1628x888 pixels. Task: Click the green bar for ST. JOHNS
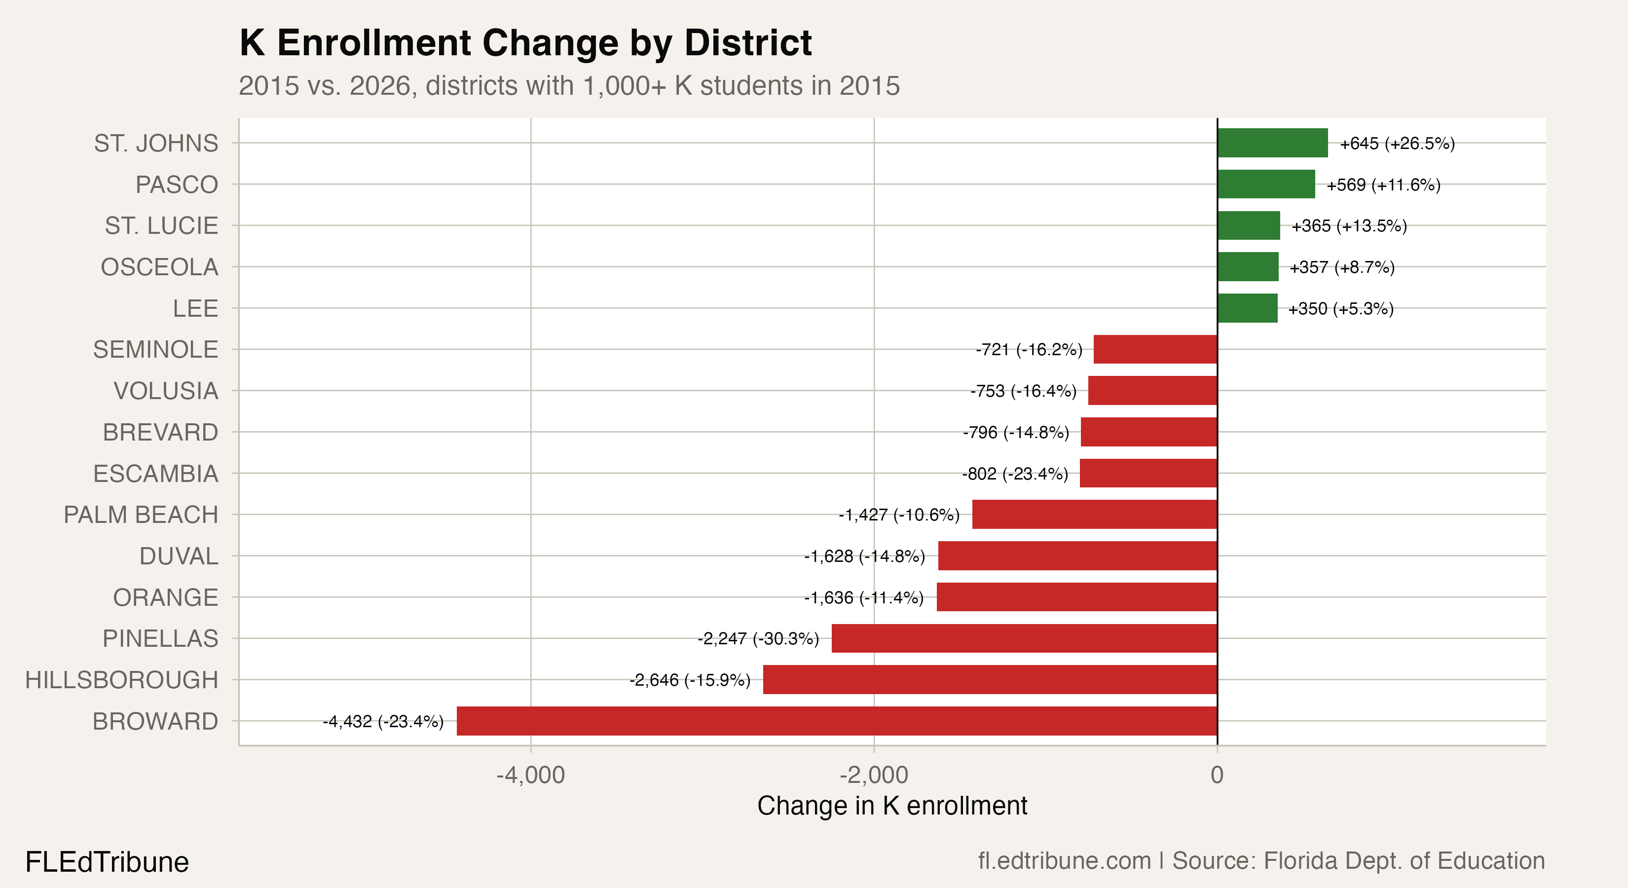tap(1272, 143)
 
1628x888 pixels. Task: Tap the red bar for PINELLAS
tap(1024, 638)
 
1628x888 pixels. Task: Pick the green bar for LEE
tap(1247, 308)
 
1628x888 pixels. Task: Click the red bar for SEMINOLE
tap(1155, 349)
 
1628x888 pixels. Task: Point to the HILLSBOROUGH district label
tap(121, 680)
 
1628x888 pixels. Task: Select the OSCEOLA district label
tap(159, 267)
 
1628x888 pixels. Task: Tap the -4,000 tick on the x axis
tap(530, 775)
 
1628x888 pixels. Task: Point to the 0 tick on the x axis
tap(1217, 775)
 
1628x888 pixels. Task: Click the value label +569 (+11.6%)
tap(1383, 185)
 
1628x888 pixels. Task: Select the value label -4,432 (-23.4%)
tap(383, 721)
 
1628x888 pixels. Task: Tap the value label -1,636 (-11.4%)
tap(863, 597)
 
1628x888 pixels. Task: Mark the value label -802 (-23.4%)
tap(1014, 474)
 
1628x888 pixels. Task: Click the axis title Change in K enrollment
tap(892, 806)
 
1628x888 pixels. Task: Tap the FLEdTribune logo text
tap(107, 862)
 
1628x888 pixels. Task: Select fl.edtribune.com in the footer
tap(1064, 861)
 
